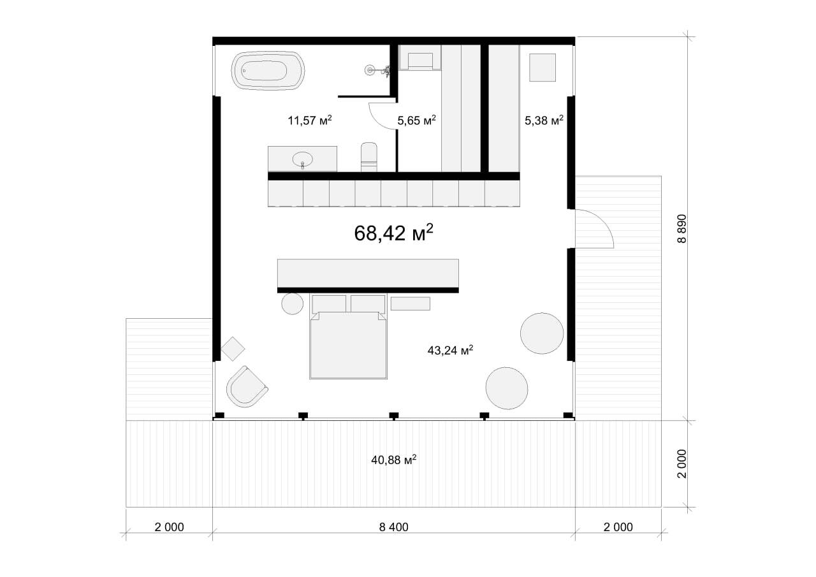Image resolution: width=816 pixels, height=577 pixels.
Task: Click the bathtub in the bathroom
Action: (x=268, y=70)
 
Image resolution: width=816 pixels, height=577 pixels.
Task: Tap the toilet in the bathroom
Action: (x=368, y=157)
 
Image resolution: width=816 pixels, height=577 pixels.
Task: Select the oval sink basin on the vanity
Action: (x=302, y=159)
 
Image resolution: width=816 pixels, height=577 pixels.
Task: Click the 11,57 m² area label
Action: (x=310, y=121)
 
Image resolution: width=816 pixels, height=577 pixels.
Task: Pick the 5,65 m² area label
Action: (x=416, y=121)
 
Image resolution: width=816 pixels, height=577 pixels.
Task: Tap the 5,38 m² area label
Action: (x=544, y=121)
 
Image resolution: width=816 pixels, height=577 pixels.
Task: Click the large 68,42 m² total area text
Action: (x=393, y=233)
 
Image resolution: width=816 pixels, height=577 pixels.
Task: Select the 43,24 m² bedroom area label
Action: (x=450, y=350)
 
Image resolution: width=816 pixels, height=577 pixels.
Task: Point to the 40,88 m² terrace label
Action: (x=394, y=460)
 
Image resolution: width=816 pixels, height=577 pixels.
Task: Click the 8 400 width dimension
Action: (x=394, y=527)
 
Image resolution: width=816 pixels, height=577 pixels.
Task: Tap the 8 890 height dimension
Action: (x=681, y=229)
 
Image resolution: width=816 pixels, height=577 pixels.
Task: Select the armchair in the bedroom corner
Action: (x=247, y=387)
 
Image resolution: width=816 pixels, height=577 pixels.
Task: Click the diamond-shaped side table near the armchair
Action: (x=233, y=349)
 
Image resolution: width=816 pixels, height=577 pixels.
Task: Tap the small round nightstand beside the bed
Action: (x=292, y=303)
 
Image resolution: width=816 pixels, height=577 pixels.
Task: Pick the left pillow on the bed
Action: (x=329, y=303)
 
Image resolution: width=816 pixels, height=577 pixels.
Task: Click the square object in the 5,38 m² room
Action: (x=543, y=68)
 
